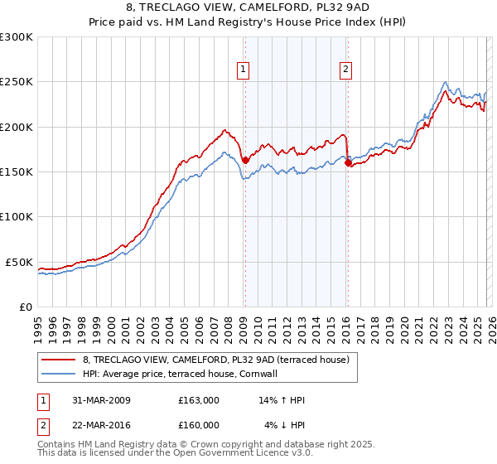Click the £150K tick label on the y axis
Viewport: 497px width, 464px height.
coord(17,172)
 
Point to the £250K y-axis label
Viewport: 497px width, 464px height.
coord(17,82)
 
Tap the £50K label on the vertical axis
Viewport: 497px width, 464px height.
coord(20,262)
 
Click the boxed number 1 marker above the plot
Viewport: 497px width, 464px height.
coord(244,70)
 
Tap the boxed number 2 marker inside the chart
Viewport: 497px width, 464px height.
coord(345,70)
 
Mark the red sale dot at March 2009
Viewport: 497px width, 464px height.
coord(245,160)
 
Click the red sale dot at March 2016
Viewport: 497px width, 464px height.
coord(348,163)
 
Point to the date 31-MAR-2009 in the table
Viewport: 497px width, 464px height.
coord(100,400)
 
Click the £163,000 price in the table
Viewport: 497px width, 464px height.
coord(198,400)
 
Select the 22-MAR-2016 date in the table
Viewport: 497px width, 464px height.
coord(100,424)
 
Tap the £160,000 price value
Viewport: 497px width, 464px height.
coord(198,424)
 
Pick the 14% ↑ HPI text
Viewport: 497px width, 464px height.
coord(282,400)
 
